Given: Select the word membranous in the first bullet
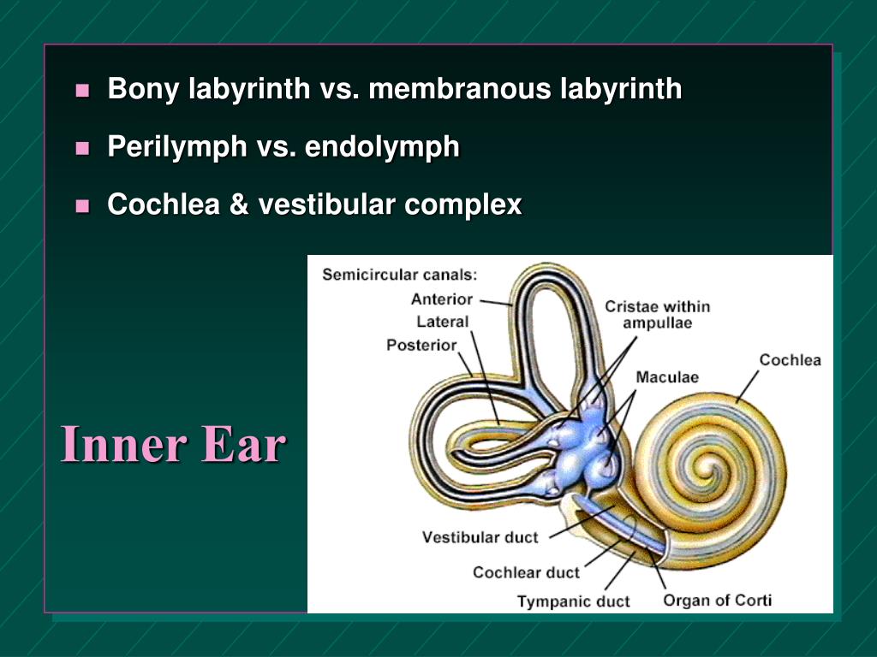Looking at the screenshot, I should (460, 89).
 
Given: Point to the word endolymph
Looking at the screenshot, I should (382, 147).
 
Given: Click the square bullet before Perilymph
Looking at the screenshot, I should (82, 148).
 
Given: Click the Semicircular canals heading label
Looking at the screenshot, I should (399, 275).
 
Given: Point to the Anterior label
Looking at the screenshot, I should (441, 299).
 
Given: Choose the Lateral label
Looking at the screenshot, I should (443, 322).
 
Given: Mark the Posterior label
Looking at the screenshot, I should (421, 346).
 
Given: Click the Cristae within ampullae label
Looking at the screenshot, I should (657, 315).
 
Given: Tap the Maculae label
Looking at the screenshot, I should (667, 377).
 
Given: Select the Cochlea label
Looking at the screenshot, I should (790, 359).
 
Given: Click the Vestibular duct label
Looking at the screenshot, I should (480, 537).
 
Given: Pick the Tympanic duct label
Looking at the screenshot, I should (573, 601).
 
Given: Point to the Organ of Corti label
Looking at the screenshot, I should (717, 600).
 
